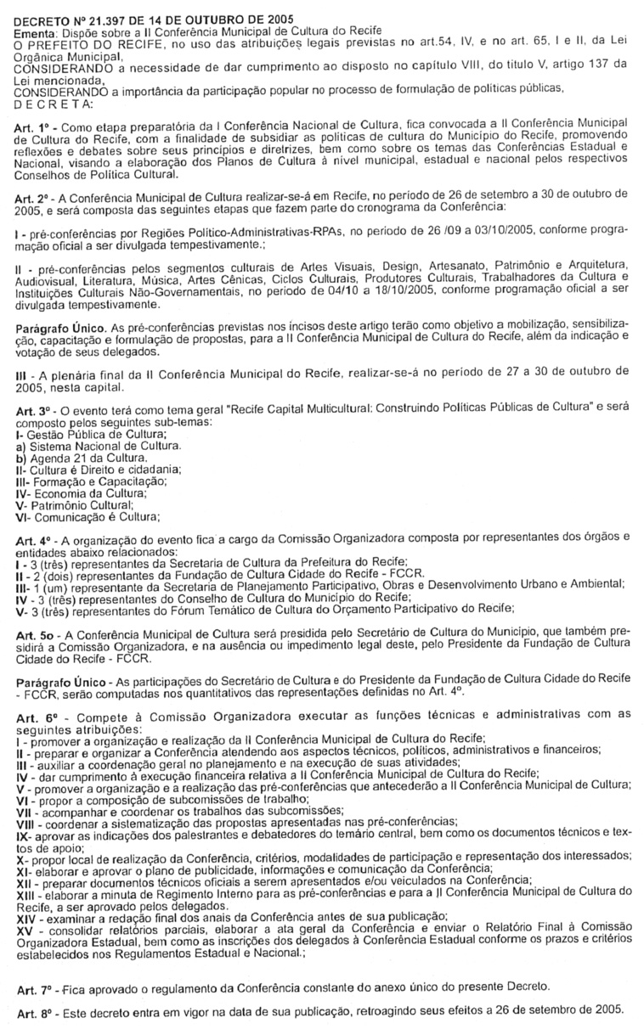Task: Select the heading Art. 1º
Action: pyautogui.click(x=33, y=124)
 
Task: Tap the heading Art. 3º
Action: pyautogui.click(x=33, y=408)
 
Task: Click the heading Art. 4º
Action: pyautogui.click(x=33, y=538)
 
